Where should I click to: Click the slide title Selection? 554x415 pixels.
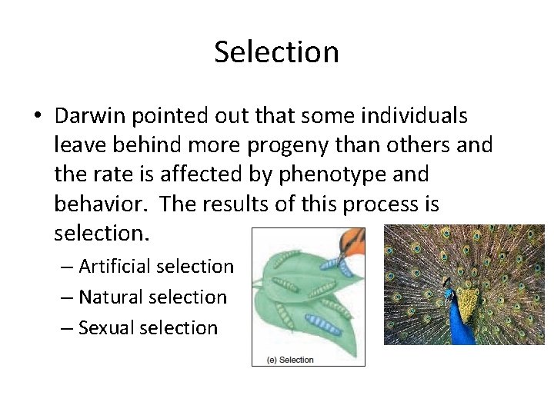tap(276, 52)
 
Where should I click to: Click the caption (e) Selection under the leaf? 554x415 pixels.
tap(290, 360)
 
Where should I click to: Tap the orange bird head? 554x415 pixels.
tap(352, 240)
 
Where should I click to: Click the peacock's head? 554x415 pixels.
tap(449, 292)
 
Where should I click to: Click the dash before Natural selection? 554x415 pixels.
tap(67, 297)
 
